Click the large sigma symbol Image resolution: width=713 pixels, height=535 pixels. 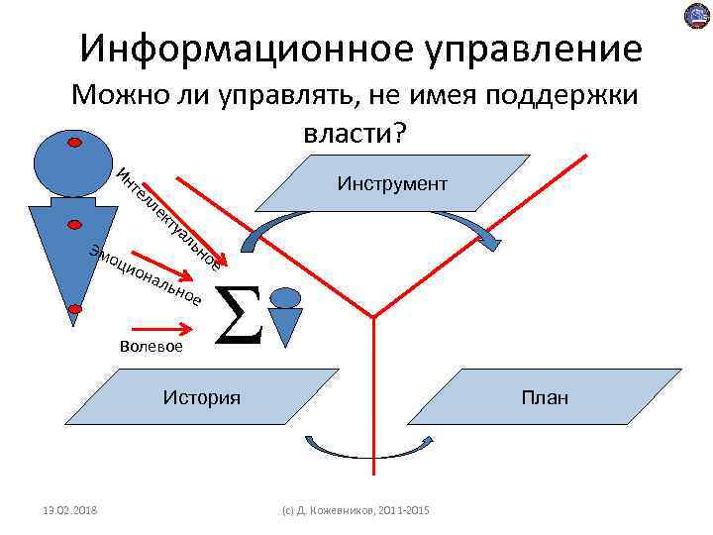(239, 314)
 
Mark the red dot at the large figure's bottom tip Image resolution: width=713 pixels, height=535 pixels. (75, 306)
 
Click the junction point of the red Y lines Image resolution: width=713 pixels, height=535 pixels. (373, 317)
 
